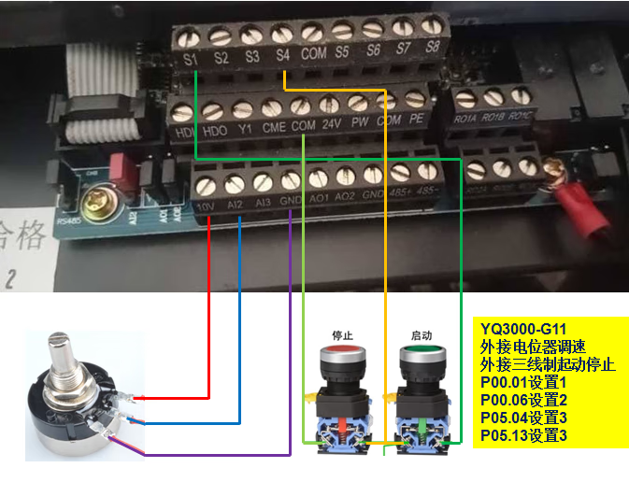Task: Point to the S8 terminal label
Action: click(432, 46)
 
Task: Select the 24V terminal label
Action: click(330, 121)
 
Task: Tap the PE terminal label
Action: click(417, 119)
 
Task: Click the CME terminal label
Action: click(273, 125)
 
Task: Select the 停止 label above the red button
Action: click(342, 333)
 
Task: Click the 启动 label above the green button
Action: click(421, 333)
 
